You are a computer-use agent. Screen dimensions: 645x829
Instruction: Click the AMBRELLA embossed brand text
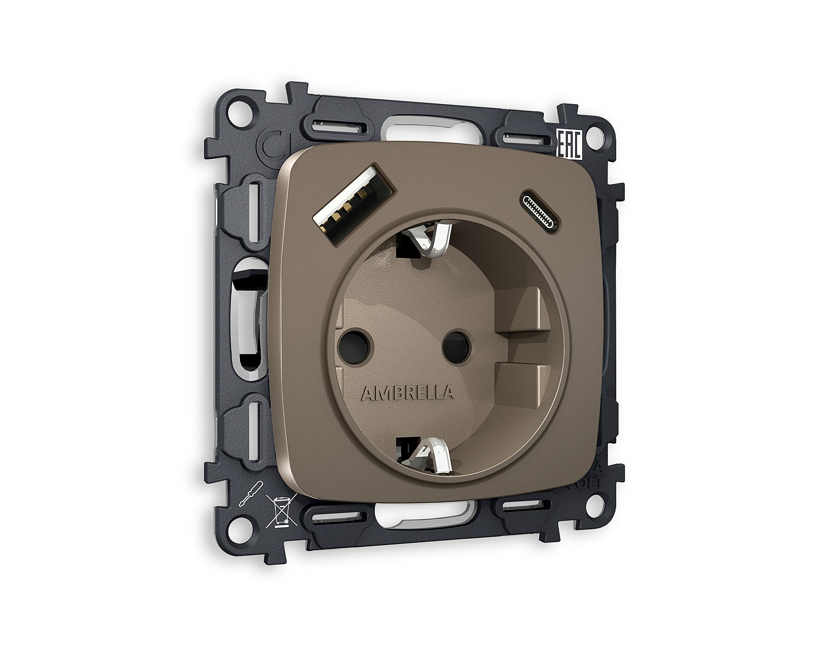407,393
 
